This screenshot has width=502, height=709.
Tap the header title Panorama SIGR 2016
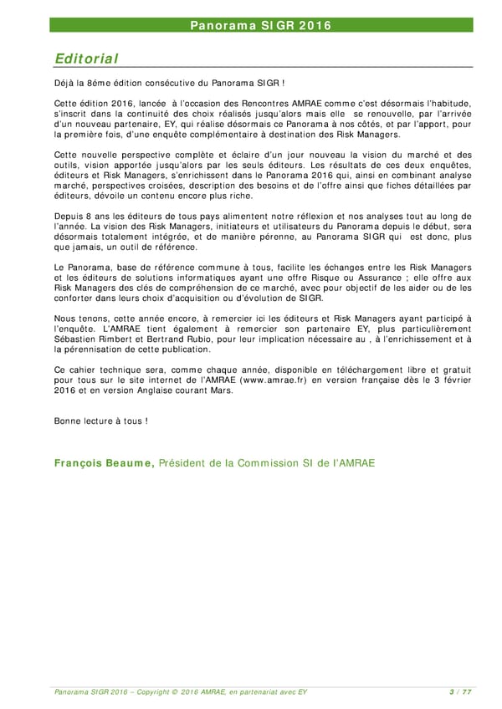click(259, 25)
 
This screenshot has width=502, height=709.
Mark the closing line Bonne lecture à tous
click(100, 420)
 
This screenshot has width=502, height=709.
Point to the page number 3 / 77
click(459, 691)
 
